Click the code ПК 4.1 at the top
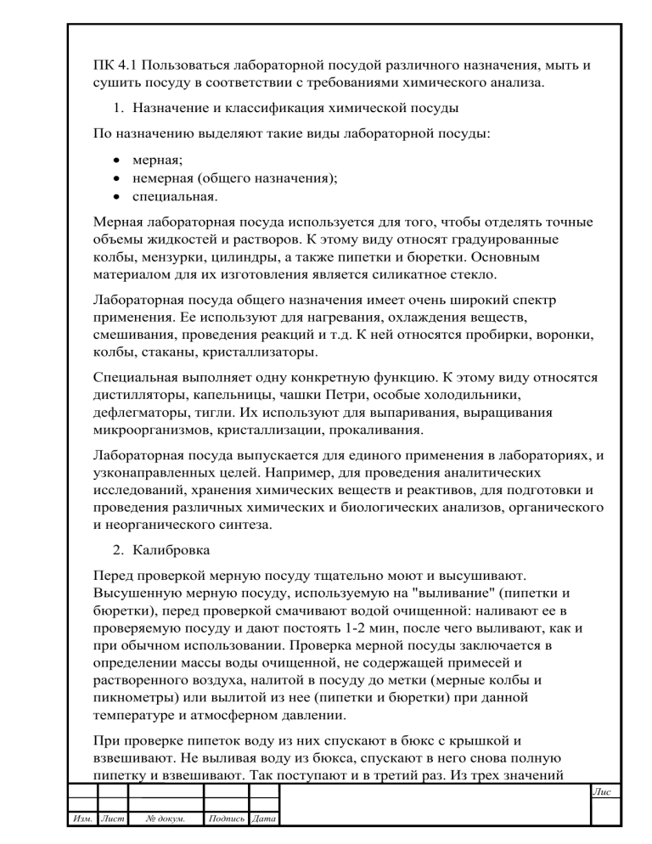pos(112,65)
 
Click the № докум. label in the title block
pos(166,819)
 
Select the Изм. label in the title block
pos(81,819)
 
